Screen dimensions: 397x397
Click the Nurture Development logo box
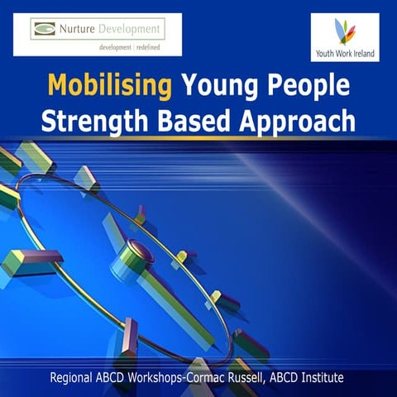[x=98, y=34]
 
